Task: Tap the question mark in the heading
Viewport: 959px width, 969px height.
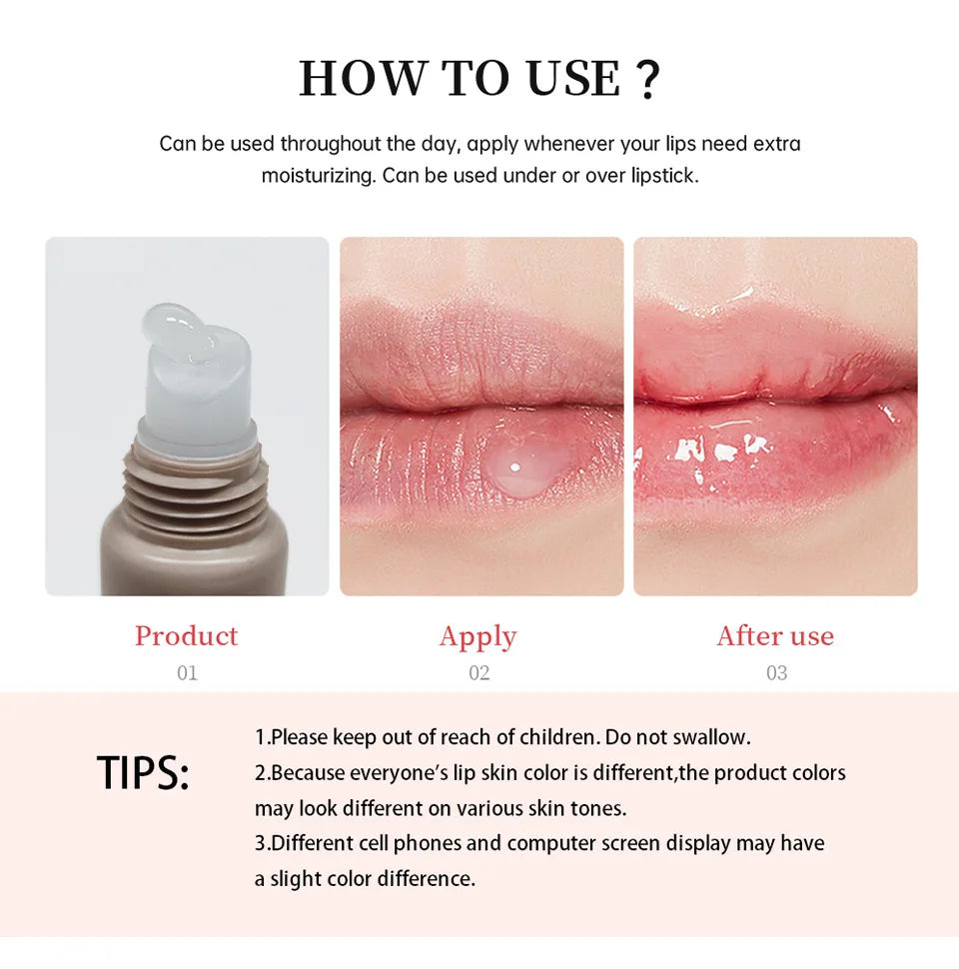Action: [x=647, y=80]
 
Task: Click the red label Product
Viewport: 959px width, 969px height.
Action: [x=187, y=636]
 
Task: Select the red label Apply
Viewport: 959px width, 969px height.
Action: [x=479, y=637]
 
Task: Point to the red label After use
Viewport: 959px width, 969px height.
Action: [x=775, y=636]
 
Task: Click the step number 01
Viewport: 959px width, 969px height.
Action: [x=187, y=673]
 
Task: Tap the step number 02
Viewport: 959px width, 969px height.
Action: [x=479, y=673]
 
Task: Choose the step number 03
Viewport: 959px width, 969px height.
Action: [x=776, y=673]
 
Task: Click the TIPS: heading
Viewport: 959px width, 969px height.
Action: [x=143, y=774]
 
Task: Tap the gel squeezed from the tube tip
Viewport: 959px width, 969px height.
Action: [x=186, y=335]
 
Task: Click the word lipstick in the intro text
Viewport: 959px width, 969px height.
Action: [x=664, y=176]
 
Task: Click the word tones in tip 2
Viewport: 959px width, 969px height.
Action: [x=602, y=808]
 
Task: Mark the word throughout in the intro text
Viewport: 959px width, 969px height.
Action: [x=331, y=144]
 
